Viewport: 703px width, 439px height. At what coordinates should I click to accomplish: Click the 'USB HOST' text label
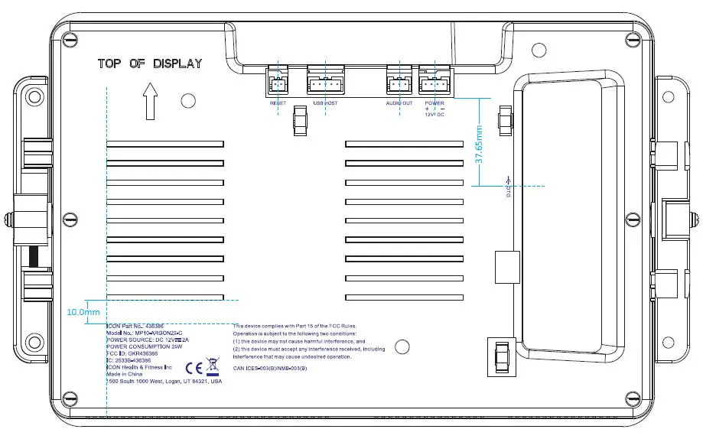(x=325, y=102)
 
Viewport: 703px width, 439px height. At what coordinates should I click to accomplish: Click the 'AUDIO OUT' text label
(x=399, y=102)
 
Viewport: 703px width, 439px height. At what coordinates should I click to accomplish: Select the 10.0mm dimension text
(x=83, y=312)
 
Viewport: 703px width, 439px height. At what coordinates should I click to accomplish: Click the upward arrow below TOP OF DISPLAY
(x=150, y=102)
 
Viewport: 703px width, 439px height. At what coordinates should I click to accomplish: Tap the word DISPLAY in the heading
(x=177, y=63)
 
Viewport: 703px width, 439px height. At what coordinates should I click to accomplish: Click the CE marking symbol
(x=194, y=366)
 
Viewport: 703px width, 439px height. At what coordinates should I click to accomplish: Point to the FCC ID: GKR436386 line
(x=132, y=353)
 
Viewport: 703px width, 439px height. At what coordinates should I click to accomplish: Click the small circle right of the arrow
(x=187, y=101)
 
